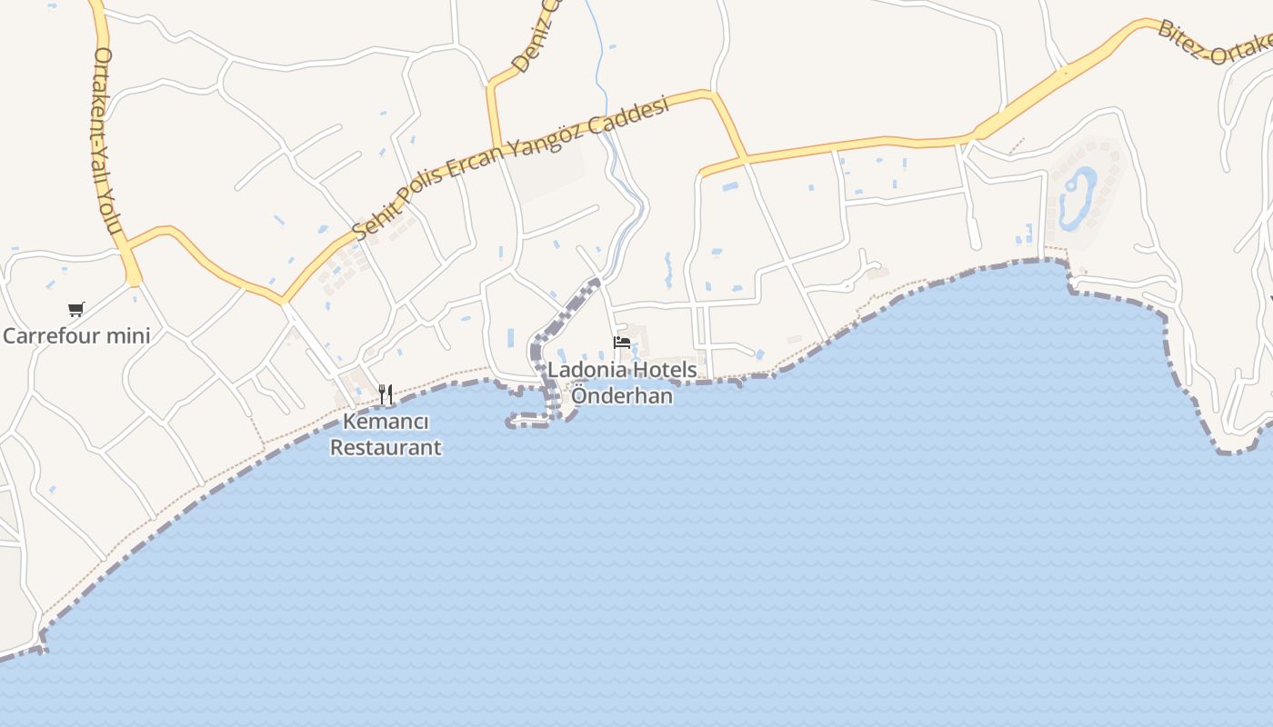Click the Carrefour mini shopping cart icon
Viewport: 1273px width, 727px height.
(x=76, y=310)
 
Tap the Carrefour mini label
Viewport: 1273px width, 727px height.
(x=76, y=336)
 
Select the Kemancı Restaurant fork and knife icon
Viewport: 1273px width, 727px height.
(x=386, y=394)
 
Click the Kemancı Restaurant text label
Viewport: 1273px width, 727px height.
(x=386, y=435)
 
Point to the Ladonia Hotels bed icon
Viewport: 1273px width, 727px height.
(x=622, y=343)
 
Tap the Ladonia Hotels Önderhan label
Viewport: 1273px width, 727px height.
(x=622, y=383)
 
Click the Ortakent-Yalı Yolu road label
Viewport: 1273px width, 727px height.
(x=106, y=141)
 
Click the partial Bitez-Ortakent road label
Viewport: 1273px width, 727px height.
(x=1214, y=41)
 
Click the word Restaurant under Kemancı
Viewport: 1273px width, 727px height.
(x=386, y=447)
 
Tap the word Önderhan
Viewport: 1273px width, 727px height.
(x=622, y=396)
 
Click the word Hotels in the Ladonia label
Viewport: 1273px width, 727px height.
(x=667, y=370)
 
